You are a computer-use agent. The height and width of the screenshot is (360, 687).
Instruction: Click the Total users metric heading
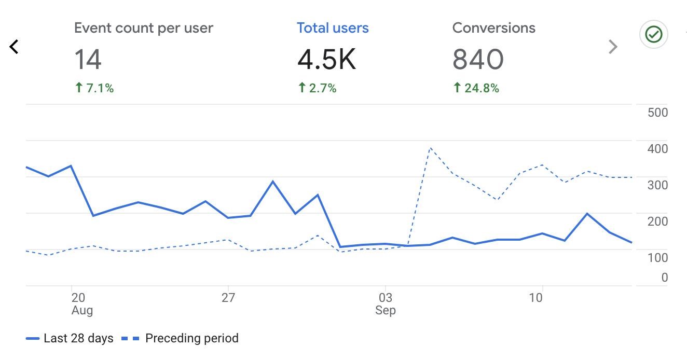pyautogui.click(x=333, y=28)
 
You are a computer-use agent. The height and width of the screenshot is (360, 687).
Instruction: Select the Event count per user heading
pyautogui.click(x=143, y=28)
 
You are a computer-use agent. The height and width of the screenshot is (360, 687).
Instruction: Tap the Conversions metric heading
pyautogui.click(x=493, y=28)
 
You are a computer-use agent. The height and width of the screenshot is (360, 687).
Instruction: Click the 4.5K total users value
pyautogui.click(x=326, y=60)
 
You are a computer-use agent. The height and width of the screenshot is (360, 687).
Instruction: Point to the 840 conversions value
pyautogui.click(x=477, y=60)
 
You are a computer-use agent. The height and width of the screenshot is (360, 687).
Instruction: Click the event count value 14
pyautogui.click(x=88, y=60)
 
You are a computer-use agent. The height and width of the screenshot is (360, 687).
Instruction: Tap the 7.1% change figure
pyautogui.click(x=94, y=88)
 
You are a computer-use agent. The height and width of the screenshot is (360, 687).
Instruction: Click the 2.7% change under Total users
pyautogui.click(x=317, y=88)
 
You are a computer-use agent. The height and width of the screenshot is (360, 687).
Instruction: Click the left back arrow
pyautogui.click(x=14, y=47)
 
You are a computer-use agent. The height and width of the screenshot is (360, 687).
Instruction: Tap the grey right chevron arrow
pyautogui.click(x=613, y=47)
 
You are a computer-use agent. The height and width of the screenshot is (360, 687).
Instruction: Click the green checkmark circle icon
pyautogui.click(x=653, y=35)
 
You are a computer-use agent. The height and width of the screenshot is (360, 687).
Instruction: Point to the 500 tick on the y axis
pyautogui.click(x=657, y=113)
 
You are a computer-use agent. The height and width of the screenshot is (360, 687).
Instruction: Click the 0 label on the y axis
pyautogui.click(x=664, y=278)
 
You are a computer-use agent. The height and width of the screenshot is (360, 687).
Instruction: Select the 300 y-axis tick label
pyautogui.click(x=657, y=185)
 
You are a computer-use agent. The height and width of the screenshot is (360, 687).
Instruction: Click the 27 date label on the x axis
pyautogui.click(x=228, y=298)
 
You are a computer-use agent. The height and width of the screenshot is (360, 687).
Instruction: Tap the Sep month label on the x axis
pyautogui.click(x=386, y=310)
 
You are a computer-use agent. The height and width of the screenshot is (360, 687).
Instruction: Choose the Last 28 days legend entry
pyautogui.click(x=70, y=339)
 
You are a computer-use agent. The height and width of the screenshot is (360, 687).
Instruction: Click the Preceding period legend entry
pyautogui.click(x=181, y=339)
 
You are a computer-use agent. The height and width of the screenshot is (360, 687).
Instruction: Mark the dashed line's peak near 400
pyautogui.click(x=430, y=148)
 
